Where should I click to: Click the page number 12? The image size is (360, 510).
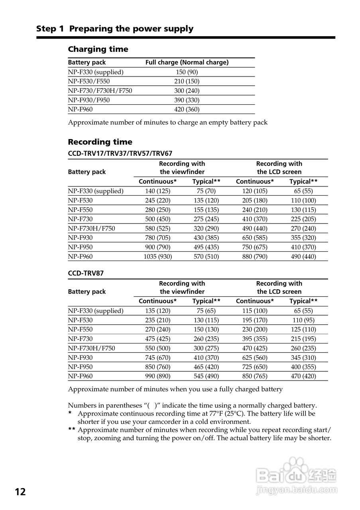pos(20,492)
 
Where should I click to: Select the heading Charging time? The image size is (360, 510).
pos(98,49)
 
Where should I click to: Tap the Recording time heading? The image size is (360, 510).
pos(100,142)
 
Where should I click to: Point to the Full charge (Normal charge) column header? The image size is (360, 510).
pos(187,63)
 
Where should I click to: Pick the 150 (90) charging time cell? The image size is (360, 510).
pos(187,72)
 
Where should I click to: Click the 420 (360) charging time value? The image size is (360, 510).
pos(187,110)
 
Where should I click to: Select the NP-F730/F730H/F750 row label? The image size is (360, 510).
pos(100,91)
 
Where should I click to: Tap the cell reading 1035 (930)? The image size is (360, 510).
pos(157,257)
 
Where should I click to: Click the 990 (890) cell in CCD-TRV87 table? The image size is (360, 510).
pos(157,376)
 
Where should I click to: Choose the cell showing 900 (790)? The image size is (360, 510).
pos(157,247)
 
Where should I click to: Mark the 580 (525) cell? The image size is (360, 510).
pos(157,228)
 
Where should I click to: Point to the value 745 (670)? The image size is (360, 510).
pos(157,357)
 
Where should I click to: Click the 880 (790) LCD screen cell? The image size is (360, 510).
pos(255,257)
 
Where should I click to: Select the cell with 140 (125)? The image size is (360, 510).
pos(157,191)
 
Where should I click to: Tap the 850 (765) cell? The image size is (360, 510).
pos(255,376)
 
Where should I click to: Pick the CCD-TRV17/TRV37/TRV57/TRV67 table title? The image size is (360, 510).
pos(120,153)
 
